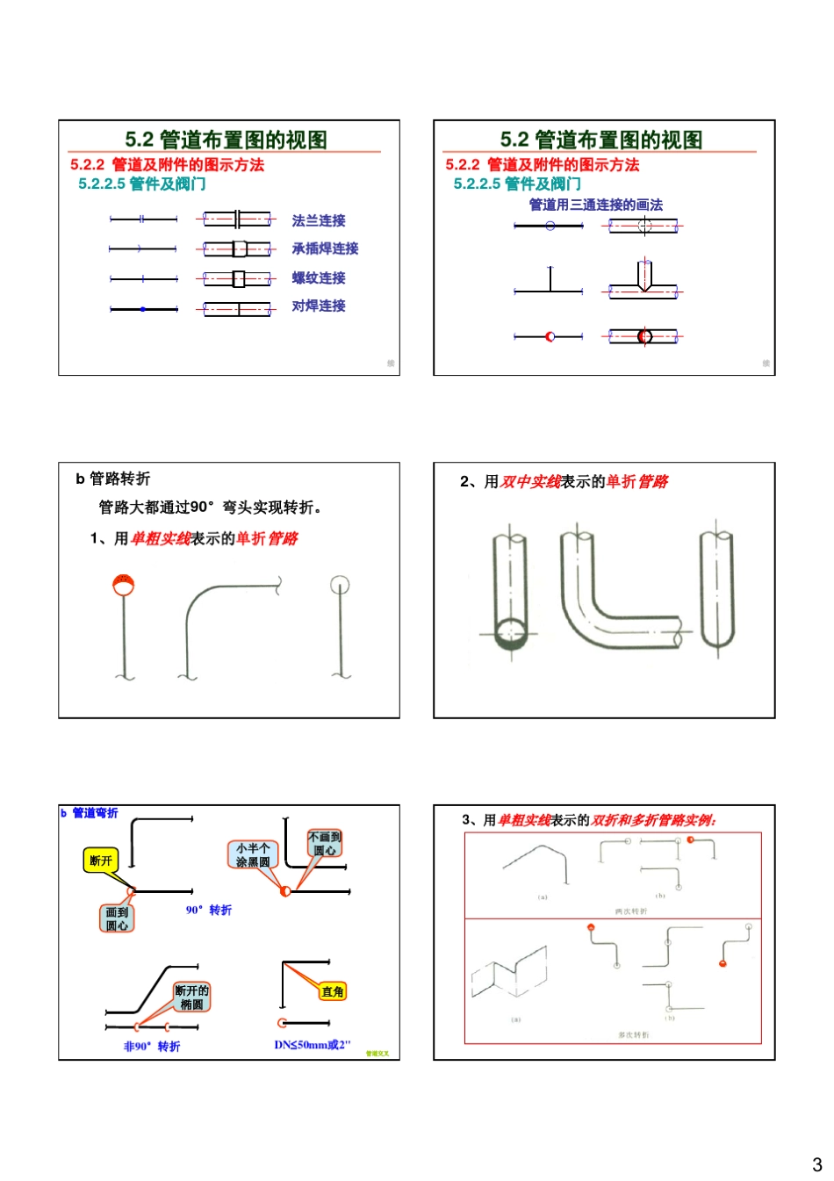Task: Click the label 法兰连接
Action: pyautogui.click(x=318, y=220)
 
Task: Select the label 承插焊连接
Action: pyautogui.click(x=325, y=248)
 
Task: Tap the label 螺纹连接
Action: pyautogui.click(x=318, y=277)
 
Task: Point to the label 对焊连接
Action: pyautogui.click(x=318, y=306)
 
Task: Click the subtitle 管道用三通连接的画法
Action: pyautogui.click(x=595, y=205)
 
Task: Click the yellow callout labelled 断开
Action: pyautogui.click(x=101, y=861)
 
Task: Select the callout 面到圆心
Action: pyautogui.click(x=117, y=918)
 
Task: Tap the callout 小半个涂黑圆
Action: pyautogui.click(x=253, y=854)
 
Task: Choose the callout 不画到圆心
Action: pyautogui.click(x=325, y=843)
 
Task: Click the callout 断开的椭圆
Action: pyautogui.click(x=191, y=997)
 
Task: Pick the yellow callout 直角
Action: pyautogui.click(x=333, y=991)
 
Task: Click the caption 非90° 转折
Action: pyautogui.click(x=152, y=1047)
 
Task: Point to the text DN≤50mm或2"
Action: pyautogui.click(x=312, y=1045)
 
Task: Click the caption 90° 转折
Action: pyautogui.click(x=208, y=910)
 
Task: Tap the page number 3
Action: pyautogui.click(x=816, y=1165)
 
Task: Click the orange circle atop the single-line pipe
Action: pyautogui.click(x=123, y=584)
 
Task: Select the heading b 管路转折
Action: pyautogui.click(x=112, y=479)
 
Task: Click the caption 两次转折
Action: pyautogui.click(x=631, y=911)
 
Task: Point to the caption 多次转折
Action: pyautogui.click(x=633, y=1035)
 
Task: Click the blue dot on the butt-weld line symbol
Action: pyautogui.click(x=143, y=309)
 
